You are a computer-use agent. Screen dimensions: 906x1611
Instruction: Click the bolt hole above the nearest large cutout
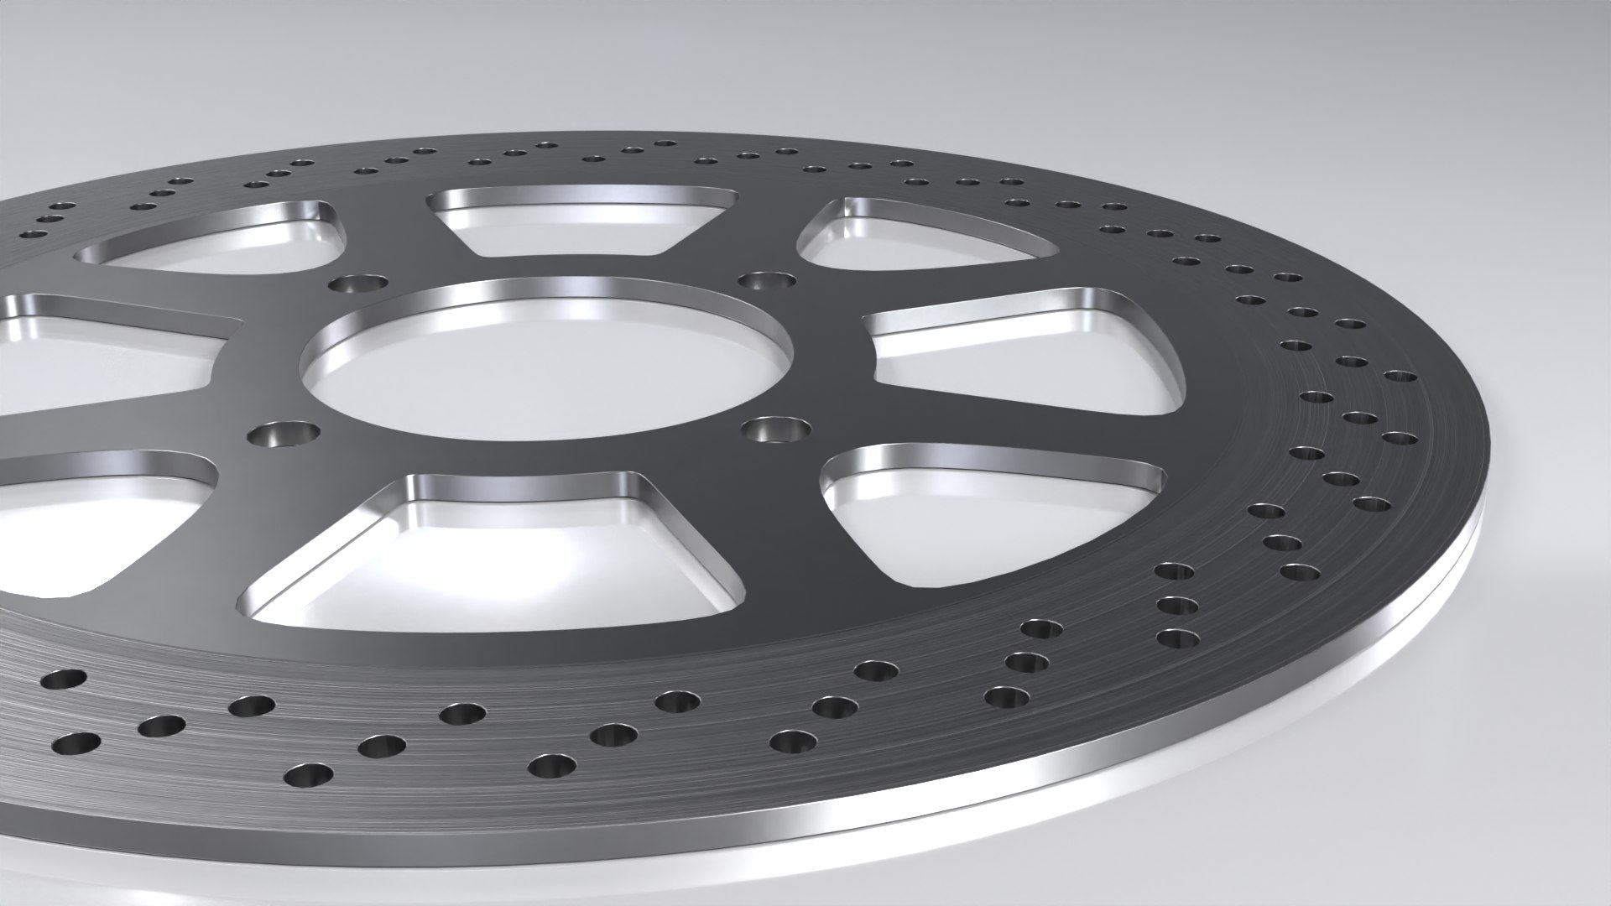point(285,435)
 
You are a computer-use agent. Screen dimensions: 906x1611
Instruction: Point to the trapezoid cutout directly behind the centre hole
point(579,221)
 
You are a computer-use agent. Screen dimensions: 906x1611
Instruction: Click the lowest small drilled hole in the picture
point(309,776)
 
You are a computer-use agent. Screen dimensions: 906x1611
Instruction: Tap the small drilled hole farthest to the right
point(1400,377)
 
